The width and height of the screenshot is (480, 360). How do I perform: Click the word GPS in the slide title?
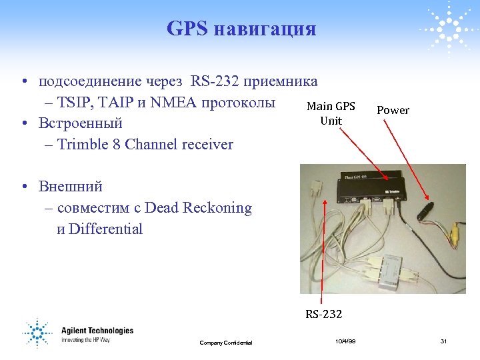coord(187,29)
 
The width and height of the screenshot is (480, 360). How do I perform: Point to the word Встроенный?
coord(81,123)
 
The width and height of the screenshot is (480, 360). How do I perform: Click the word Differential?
coord(105,229)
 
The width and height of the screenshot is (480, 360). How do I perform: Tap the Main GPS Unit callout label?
coord(331,113)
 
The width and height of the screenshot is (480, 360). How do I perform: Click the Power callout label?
coord(393,110)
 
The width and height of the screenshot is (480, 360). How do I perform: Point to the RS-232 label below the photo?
coord(324,314)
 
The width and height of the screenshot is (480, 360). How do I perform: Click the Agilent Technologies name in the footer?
coord(97,331)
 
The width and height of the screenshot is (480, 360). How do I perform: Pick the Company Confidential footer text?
coord(225,343)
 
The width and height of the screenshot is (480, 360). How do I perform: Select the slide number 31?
coord(443,341)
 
